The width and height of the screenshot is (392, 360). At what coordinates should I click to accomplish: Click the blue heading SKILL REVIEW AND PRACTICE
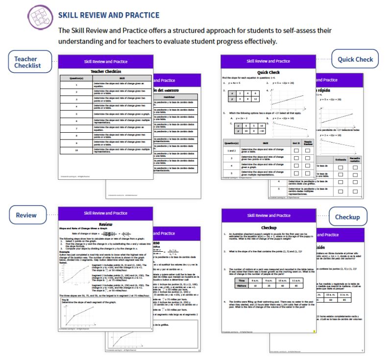tap(108, 15)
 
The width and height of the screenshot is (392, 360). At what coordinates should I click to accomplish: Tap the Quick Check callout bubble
tap(355, 59)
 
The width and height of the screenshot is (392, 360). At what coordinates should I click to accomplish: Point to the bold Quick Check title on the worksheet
tap(268, 72)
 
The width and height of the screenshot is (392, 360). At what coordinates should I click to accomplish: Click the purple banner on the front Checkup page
tap(268, 216)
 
